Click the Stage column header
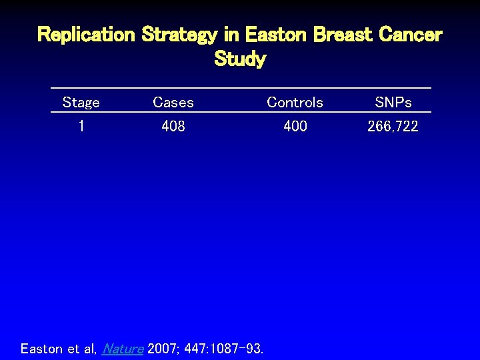81,103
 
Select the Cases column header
173,103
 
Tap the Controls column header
295,103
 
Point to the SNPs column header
393,103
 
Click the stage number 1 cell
81,126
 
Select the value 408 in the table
173,126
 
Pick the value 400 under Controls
295,126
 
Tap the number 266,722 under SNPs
393,126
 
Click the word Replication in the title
86,35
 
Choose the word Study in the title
240,59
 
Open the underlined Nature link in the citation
123,349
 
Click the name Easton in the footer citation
42,349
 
